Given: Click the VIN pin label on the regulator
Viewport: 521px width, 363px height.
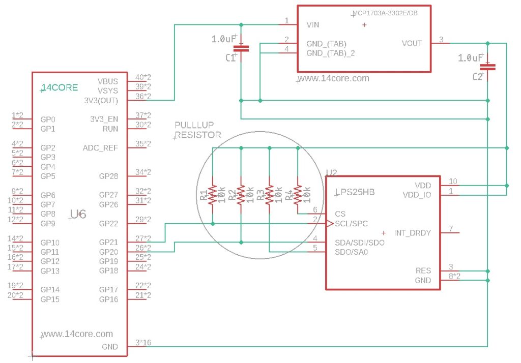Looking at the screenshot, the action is [x=313, y=24].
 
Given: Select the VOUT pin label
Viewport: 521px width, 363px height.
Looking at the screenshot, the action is [x=412, y=43].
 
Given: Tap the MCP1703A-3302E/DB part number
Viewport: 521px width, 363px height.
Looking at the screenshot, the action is [x=385, y=13].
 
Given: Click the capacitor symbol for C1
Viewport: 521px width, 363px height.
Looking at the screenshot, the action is [x=241, y=49].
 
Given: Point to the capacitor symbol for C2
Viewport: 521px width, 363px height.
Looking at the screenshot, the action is [x=487, y=67].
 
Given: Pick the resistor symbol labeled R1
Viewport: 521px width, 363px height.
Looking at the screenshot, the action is [x=213, y=195].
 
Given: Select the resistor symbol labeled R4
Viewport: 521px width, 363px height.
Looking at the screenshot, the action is [x=298, y=195].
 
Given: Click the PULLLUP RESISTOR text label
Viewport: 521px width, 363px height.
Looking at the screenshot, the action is [x=198, y=130].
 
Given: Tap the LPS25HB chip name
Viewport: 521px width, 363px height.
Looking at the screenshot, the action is [x=355, y=192].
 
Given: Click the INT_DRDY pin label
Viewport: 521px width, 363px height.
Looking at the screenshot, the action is [x=412, y=233].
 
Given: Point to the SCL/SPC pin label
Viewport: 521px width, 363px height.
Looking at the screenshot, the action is [x=351, y=224].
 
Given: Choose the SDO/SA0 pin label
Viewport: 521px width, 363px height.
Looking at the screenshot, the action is [x=351, y=252].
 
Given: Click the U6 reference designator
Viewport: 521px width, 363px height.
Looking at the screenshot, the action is [x=78, y=214].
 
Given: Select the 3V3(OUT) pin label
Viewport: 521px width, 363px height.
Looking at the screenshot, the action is [x=101, y=100].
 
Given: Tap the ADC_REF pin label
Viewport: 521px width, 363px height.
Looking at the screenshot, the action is [x=100, y=148].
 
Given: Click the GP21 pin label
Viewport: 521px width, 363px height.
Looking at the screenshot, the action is [x=109, y=243].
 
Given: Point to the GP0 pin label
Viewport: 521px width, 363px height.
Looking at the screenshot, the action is [x=48, y=119].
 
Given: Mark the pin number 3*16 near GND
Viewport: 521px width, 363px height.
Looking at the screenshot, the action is [x=143, y=342].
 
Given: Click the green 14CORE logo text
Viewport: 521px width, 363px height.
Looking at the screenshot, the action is [x=60, y=87].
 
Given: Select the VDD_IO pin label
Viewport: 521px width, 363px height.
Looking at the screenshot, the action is [x=417, y=195].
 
